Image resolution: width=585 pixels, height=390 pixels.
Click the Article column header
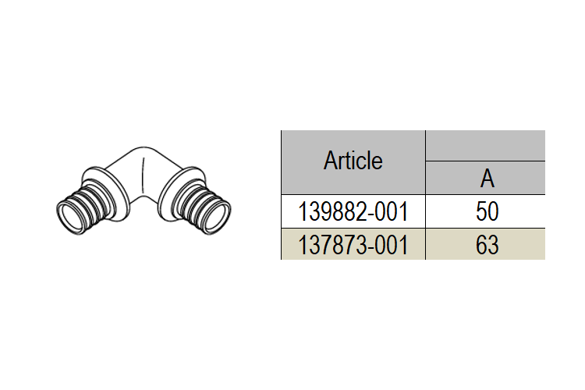(353, 161)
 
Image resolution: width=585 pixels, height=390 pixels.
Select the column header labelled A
(487, 179)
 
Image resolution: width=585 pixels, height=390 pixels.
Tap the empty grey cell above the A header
(485, 146)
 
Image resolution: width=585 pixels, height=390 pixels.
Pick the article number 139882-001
(353, 211)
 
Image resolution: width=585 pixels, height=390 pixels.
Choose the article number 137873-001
(353, 245)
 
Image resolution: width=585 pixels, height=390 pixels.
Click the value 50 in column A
(487, 211)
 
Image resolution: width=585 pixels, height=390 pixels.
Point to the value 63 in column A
(487, 245)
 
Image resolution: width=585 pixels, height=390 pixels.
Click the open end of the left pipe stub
(69, 218)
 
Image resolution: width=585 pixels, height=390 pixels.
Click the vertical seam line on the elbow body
(144, 175)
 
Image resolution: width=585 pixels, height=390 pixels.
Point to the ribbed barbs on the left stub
(89, 204)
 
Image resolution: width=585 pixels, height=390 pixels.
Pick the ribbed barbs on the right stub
(198, 204)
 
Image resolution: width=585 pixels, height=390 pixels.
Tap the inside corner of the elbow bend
(144, 194)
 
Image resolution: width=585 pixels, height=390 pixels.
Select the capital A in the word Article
(329, 161)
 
